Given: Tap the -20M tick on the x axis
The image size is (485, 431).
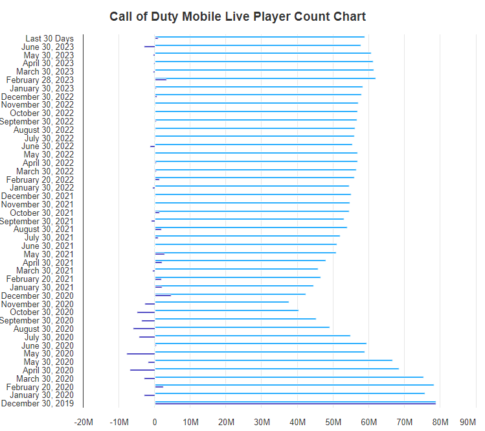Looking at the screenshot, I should point(84,422).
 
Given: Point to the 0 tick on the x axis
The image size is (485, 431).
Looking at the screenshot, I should point(155,422).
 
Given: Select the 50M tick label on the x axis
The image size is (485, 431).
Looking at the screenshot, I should point(333,422).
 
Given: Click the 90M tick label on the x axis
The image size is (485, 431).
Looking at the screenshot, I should point(468,422).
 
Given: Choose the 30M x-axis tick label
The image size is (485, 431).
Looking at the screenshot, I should point(262,422).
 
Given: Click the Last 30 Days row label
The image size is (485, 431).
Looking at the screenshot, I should point(49,39).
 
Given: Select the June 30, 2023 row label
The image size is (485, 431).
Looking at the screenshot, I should point(47,47).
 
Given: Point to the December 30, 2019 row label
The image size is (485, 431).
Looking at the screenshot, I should point(37,404).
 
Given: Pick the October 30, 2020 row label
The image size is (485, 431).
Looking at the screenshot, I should point(41,312).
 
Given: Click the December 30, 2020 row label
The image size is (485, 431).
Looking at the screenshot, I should point(37,296).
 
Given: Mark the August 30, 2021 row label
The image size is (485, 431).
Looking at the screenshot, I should point(43,229).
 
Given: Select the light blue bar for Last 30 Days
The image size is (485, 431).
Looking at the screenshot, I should point(259,37).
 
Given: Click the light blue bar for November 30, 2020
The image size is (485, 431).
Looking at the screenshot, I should point(221,302).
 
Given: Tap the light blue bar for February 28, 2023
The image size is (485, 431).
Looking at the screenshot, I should point(265,78).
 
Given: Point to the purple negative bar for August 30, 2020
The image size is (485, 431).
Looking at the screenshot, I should point(144,329).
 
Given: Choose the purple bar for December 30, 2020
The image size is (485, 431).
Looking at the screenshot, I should point(163,296).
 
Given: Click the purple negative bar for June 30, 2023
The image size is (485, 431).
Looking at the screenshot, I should point(149,47).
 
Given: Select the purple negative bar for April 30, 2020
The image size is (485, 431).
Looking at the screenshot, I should point(142,370).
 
